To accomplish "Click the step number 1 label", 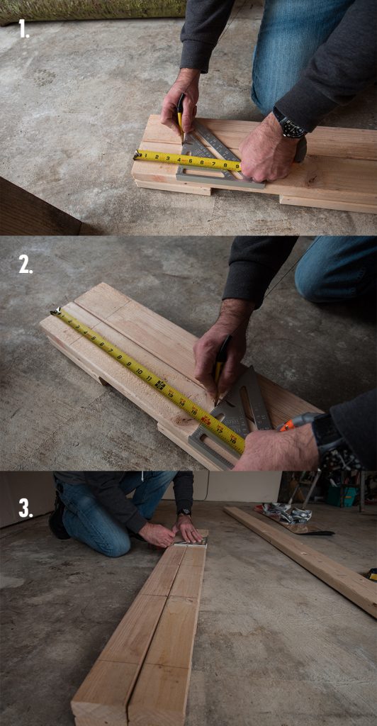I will click(24, 29).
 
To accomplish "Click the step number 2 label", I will click(26, 264).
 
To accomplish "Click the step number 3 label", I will click(26, 508).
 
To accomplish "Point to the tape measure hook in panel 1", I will click(136, 154).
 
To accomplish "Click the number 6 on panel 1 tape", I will click(203, 162).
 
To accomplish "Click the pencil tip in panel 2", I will click(216, 403).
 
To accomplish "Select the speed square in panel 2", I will click(234, 418).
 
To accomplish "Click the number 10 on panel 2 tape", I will click(140, 370).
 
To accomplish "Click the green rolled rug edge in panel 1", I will click(92, 11).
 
